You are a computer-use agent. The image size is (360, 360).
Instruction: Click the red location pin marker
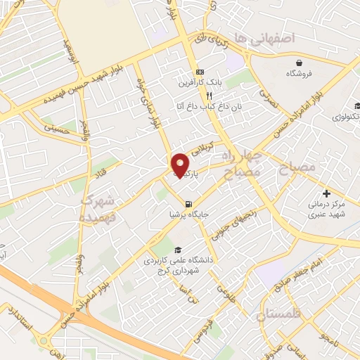pos(181,165)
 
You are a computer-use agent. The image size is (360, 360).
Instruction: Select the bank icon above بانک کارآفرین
pos(200,72)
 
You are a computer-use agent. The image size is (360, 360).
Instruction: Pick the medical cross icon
pos(326,193)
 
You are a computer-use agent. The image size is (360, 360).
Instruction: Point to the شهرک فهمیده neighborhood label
pos(98,209)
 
